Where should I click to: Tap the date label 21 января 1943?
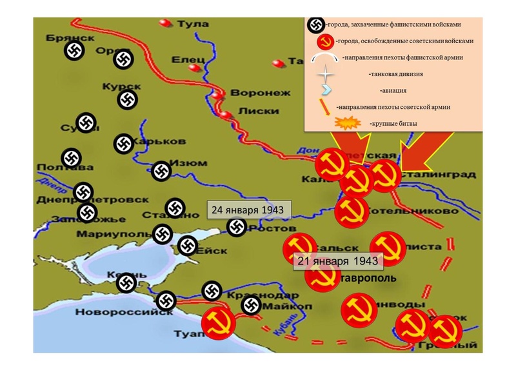click(339, 261)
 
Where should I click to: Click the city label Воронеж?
click(252, 92)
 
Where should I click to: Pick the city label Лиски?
click(253, 110)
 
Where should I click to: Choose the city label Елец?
click(188, 60)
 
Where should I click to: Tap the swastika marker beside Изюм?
click(161, 171)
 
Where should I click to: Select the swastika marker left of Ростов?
click(237, 227)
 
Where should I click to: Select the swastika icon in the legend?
click(315, 25)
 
